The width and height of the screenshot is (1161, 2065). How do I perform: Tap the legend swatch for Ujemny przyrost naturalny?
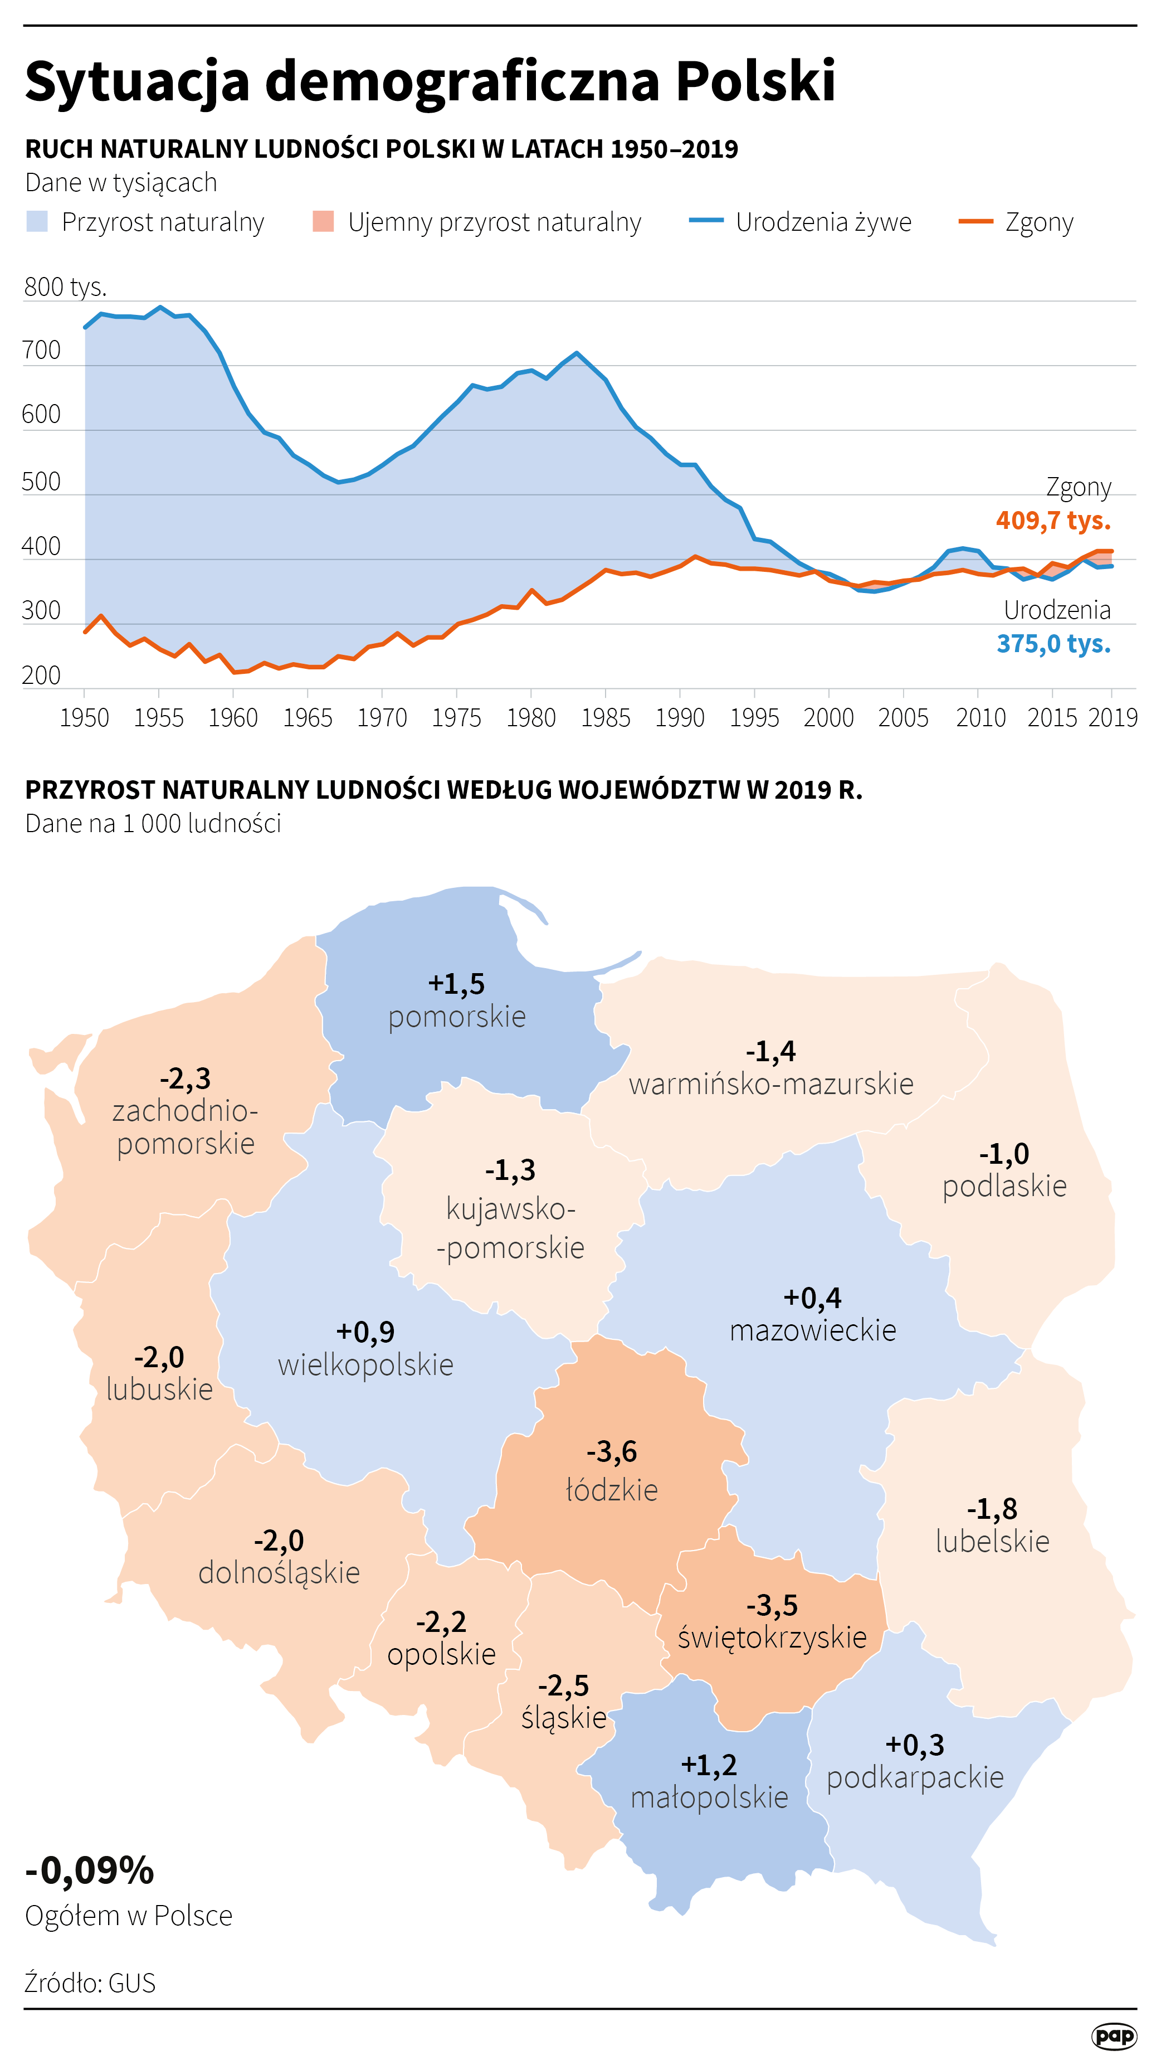(x=323, y=221)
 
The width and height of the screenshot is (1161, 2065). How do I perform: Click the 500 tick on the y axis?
(x=42, y=482)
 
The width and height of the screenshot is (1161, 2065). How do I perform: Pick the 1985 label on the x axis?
(x=605, y=717)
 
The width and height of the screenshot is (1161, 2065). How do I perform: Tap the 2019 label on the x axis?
(x=1112, y=717)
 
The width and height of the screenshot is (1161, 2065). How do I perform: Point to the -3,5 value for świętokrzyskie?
(x=772, y=1604)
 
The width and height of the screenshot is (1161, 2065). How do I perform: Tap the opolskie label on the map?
(x=441, y=1653)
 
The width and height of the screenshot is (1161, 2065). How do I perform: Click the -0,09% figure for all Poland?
(x=90, y=1870)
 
